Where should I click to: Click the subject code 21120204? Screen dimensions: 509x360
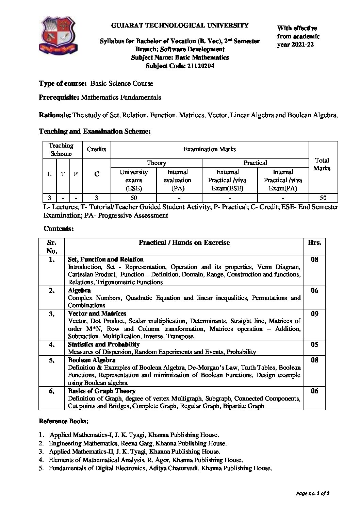click(x=200, y=66)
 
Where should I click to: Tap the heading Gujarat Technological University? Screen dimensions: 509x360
click(x=180, y=25)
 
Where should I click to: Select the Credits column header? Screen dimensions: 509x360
click(x=97, y=149)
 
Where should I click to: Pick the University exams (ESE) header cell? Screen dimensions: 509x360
click(x=134, y=181)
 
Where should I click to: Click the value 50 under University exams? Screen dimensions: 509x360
click(x=134, y=198)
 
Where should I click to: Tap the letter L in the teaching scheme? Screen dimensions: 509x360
click(x=49, y=174)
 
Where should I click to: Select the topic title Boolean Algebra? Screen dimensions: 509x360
click(x=92, y=360)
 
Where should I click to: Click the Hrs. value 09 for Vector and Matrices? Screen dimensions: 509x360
click(x=314, y=314)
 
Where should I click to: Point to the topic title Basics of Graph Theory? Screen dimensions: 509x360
click(x=101, y=391)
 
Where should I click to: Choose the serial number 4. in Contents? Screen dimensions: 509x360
click(x=52, y=345)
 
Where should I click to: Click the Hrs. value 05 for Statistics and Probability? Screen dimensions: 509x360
click(x=314, y=345)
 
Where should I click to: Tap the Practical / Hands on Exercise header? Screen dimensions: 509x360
click(x=184, y=242)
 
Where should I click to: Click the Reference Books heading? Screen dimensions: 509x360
click(x=64, y=421)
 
